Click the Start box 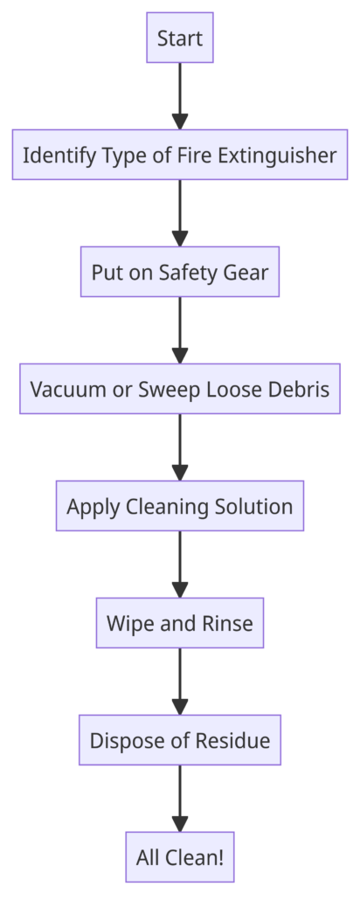click(x=180, y=38)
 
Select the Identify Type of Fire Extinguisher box click(x=180, y=155)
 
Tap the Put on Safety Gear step click(x=180, y=272)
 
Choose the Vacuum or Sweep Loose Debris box click(x=180, y=389)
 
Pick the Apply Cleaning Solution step click(x=180, y=506)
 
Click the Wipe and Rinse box click(x=180, y=623)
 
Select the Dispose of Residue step click(x=180, y=740)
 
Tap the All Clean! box click(x=180, y=857)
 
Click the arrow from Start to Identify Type click(x=180, y=96)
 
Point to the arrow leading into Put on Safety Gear click(x=180, y=213)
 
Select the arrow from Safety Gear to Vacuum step click(x=180, y=330)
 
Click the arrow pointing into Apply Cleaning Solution click(x=180, y=447)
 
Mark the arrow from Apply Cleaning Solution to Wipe click(x=180, y=564)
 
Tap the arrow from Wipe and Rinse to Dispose click(x=180, y=682)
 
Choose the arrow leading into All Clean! click(x=180, y=799)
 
